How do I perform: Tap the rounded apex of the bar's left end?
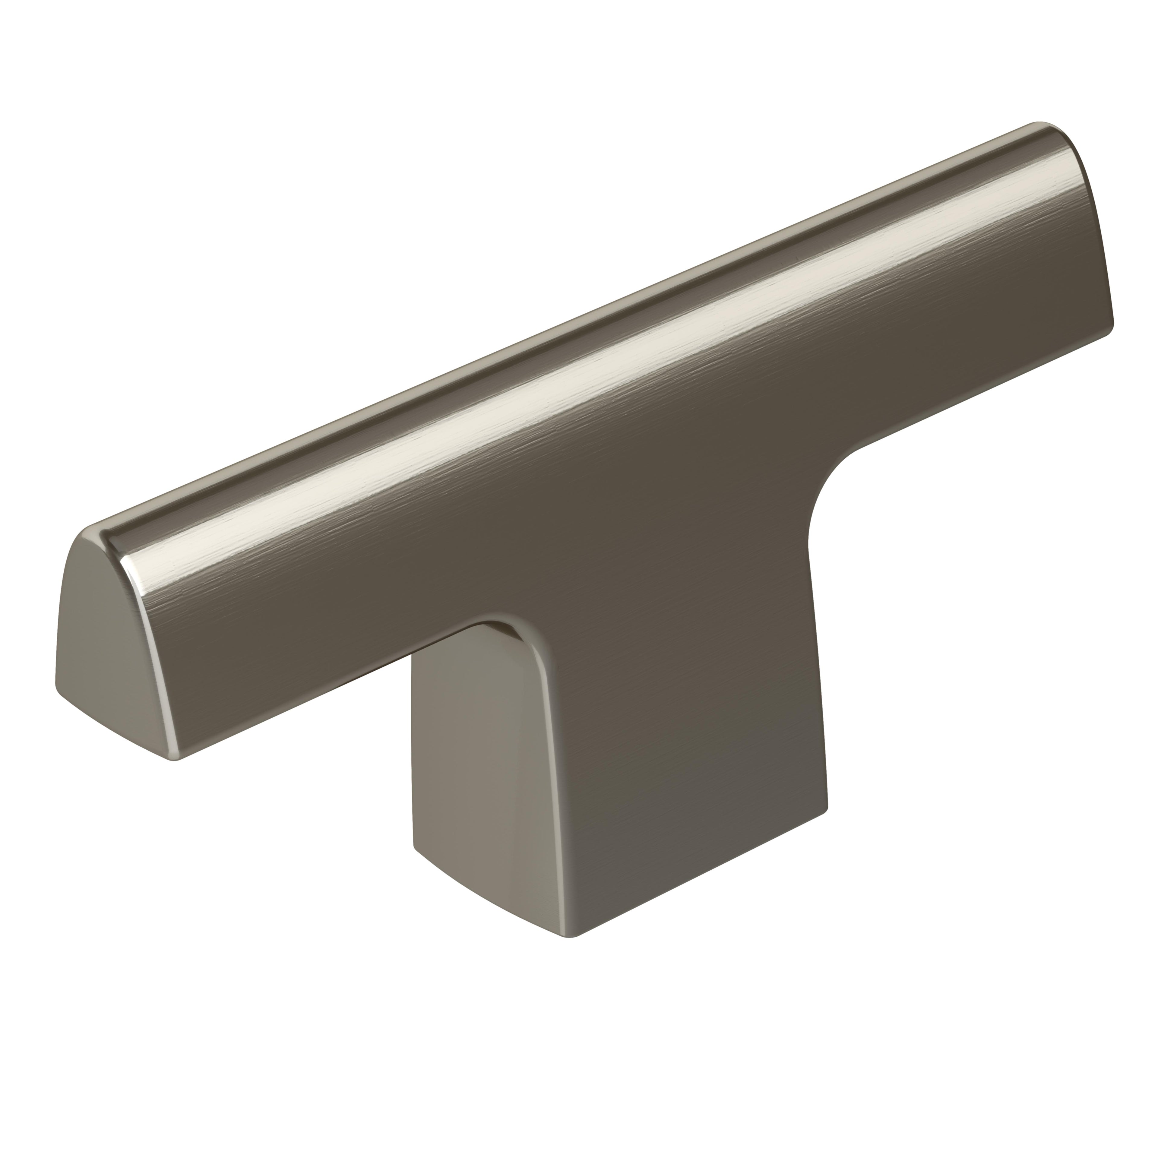(x=90, y=533)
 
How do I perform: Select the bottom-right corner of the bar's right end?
(x=1112, y=327)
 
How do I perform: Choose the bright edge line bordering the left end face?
(x=150, y=647)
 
